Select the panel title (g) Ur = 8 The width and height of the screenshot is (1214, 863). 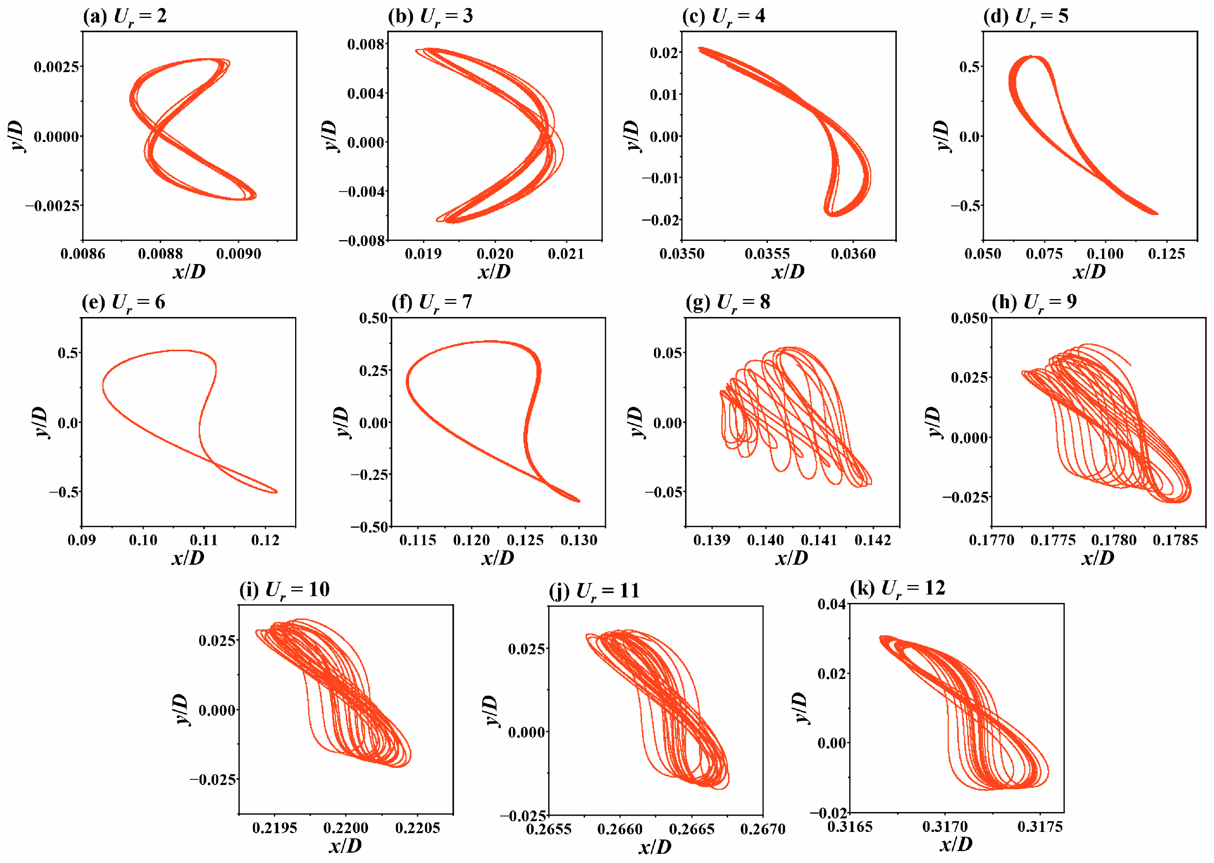click(727, 302)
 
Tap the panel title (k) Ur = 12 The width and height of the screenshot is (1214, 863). click(897, 588)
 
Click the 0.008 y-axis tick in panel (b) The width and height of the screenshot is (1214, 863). click(366, 44)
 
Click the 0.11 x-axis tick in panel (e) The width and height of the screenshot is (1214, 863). click(204, 540)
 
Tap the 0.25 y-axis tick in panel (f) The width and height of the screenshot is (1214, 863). click(373, 370)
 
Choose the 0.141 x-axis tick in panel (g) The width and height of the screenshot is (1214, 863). click(818, 540)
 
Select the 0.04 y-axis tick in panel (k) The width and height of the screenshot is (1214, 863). click(831, 604)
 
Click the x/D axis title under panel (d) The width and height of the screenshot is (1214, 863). click(1089, 272)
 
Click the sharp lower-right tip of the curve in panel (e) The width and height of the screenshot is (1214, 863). click(276, 492)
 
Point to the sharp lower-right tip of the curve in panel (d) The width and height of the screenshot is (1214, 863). click(1157, 213)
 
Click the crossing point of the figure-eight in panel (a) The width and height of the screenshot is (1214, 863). click(156, 129)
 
